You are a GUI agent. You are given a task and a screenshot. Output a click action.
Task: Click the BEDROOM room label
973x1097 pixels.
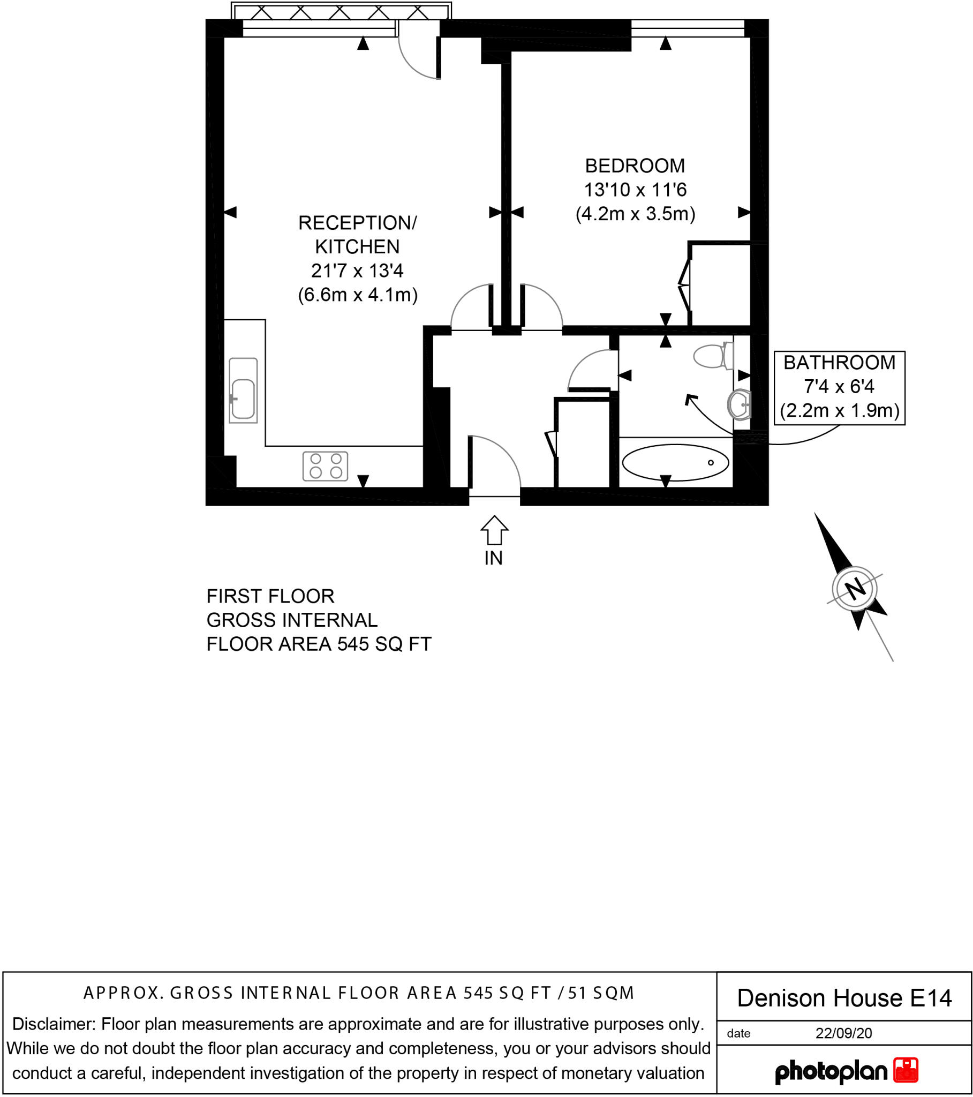pos(635,166)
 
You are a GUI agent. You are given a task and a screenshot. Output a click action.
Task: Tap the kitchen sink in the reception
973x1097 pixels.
pos(243,390)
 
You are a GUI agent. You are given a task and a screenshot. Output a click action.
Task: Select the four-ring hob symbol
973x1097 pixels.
pos(325,466)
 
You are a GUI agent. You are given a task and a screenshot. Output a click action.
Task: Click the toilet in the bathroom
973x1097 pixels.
pos(713,355)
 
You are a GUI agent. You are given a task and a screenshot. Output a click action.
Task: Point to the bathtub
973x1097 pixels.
pos(675,462)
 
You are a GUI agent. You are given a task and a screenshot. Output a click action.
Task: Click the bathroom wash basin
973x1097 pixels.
pos(740,404)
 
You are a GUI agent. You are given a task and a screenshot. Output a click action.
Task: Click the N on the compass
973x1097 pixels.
pos(855,589)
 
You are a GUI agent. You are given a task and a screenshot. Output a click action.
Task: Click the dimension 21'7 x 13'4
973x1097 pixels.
pos(357,271)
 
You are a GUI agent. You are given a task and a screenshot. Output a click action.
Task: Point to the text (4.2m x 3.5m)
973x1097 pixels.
pos(635,214)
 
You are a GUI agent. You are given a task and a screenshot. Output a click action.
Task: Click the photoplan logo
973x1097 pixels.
pos(846,1071)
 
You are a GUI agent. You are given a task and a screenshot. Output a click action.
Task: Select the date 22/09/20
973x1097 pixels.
pos(843,1033)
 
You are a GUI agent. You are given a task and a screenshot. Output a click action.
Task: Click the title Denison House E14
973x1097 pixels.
pos(844,998)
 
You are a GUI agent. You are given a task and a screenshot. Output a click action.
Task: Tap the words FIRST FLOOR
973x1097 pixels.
pos(270,596)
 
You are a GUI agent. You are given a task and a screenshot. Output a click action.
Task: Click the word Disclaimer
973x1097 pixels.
pos(54,1024)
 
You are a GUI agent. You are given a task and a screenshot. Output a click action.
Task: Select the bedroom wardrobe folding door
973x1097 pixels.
pos(685,284)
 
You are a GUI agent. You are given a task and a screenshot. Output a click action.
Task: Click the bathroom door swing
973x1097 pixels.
pos(590,370)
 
